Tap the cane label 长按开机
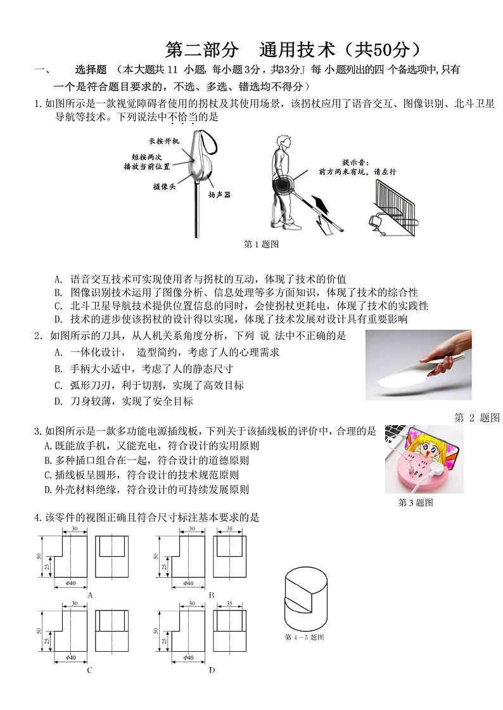pos(164,140)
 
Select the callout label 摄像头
pos(164,187)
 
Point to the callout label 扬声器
pos(219,195)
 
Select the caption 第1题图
pos(262,244)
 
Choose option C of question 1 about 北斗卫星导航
pos(241,306)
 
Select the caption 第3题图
pos(416,503)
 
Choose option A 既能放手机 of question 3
pos(152,445)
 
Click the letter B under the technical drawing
pos(211,595)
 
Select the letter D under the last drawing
pos(211,670)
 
